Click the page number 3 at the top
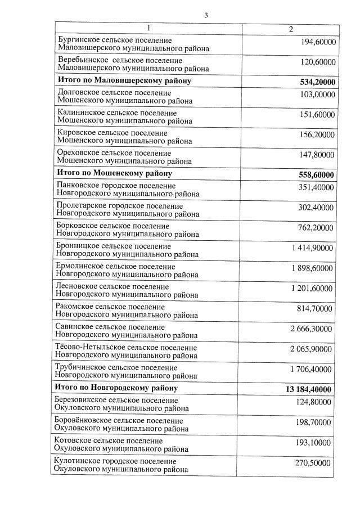[x=206, y=15]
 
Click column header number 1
[x=148, y=28]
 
